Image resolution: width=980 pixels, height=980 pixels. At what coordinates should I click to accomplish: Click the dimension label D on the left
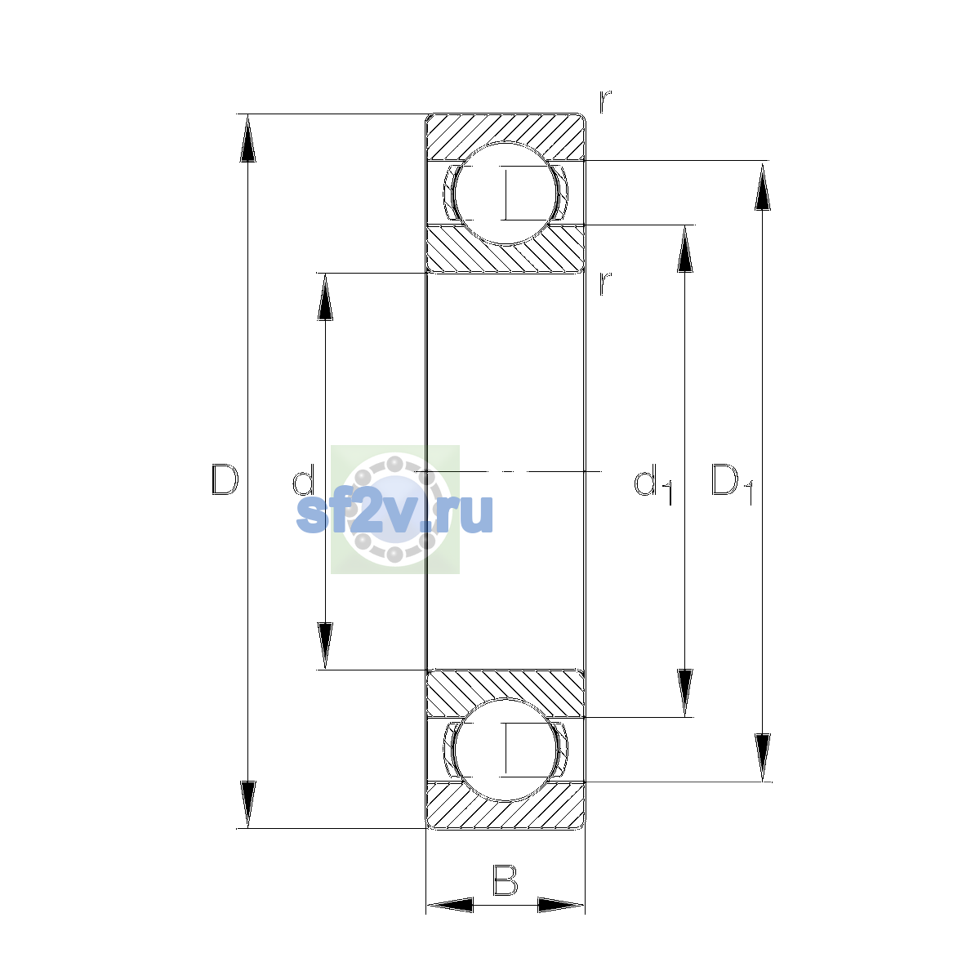pyautogui.click(x=225, y=479)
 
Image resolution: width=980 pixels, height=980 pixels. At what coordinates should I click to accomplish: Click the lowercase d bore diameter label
pyautogui.click(x=304, y=479)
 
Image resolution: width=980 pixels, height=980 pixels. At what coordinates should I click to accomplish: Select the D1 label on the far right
pyautogui.click(x=732, y=484)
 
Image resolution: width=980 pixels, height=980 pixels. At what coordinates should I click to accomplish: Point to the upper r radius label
pyautogui.click(x=605, y=102)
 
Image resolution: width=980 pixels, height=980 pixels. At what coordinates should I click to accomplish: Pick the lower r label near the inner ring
pyautogui.click(x=605, y=283)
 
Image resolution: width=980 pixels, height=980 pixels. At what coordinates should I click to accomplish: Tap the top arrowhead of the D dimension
pyautogui.click(x=247, y=138)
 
